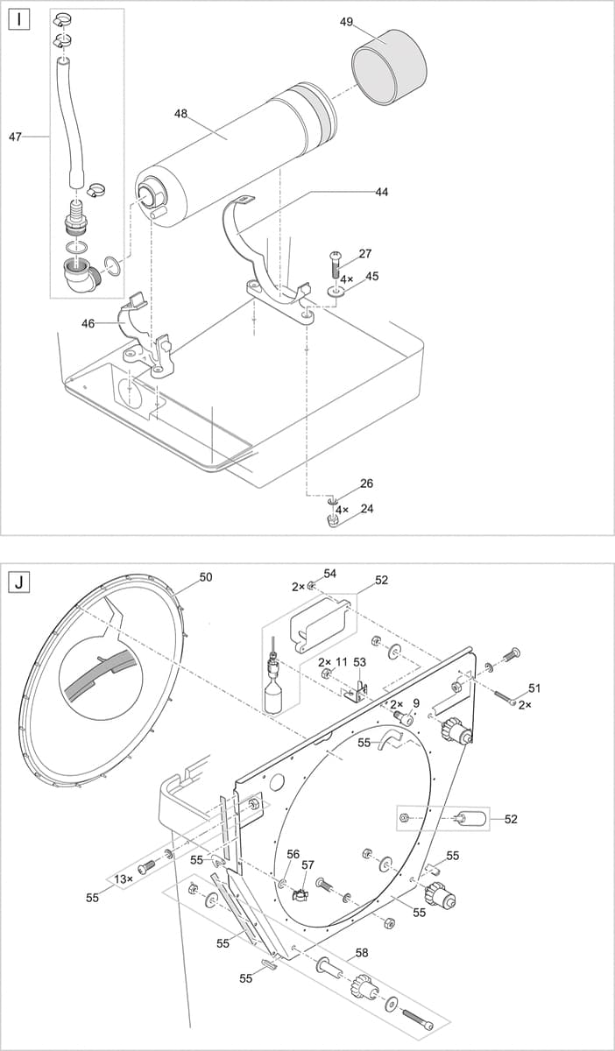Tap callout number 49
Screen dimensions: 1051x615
tap(346, 21)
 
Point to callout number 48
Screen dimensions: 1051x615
tap(181, 113)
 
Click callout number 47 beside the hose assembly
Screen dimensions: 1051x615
tap(15, 137)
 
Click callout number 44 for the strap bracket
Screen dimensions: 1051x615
tap(382, 191)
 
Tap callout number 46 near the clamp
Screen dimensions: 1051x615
tap(88, 323)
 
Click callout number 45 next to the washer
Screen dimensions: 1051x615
tap(372, 277)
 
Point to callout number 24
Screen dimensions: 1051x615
tap(366, 508)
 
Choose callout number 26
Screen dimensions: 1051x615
tap(366, 483)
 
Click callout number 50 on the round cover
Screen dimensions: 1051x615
tap(206, 577)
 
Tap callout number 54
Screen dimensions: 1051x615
tap(329, 573)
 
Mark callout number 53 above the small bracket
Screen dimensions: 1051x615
tap(359, 662)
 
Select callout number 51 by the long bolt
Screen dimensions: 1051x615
tap(535, 688)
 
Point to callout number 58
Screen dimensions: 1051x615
tap(361, 951)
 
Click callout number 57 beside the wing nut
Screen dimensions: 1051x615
tap(307, 864)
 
